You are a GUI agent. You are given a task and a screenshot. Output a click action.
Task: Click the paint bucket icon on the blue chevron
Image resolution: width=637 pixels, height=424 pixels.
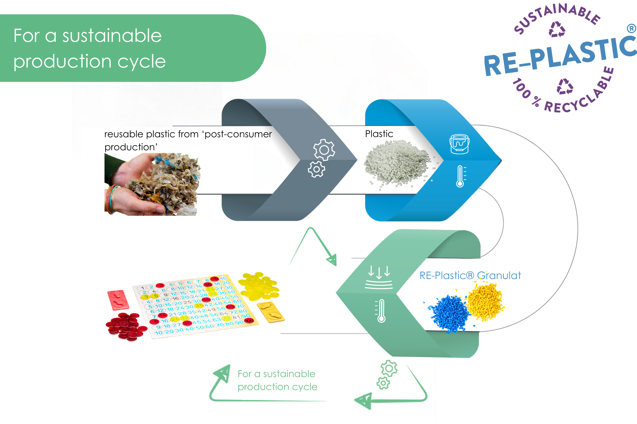459,144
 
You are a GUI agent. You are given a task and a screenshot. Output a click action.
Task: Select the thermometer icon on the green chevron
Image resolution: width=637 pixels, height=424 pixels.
381,311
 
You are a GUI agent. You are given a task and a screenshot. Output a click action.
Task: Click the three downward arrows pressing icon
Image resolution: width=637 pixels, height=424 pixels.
379,277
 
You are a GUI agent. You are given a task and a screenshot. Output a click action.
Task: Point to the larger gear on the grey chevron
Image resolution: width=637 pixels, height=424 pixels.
324,150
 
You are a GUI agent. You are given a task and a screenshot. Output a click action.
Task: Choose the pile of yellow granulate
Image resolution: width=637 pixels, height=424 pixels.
485,301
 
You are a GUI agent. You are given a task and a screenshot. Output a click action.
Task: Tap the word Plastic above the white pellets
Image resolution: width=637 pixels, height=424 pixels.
379,134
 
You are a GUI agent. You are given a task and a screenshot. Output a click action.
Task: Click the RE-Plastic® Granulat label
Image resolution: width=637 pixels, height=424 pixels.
470,276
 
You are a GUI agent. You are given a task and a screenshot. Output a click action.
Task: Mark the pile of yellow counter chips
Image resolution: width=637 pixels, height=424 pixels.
259,285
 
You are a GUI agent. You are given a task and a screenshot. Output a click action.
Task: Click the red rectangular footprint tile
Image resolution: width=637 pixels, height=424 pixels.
118,300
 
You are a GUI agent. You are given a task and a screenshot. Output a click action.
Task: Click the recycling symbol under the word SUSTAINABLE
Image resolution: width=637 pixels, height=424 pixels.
557,29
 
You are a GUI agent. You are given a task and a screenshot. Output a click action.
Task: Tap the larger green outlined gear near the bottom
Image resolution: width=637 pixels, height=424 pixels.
389,368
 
